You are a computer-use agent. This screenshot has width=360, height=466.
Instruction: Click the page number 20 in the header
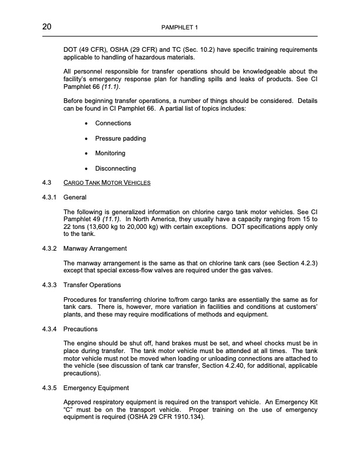tap(48, 27)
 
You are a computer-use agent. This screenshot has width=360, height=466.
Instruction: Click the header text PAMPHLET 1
tap(179, 28)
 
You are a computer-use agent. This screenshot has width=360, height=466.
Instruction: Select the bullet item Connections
tap(113, 123)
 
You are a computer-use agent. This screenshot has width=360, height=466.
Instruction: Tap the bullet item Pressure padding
tap(120, 138)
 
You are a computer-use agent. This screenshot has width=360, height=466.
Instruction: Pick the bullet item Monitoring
tap(110, 154)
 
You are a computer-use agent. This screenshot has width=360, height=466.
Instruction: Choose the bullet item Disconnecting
tap(115, 169)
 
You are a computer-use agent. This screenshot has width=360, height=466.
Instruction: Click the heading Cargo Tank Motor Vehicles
tap(106, 182)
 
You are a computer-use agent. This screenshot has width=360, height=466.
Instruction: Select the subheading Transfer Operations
tap(92, 285)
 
